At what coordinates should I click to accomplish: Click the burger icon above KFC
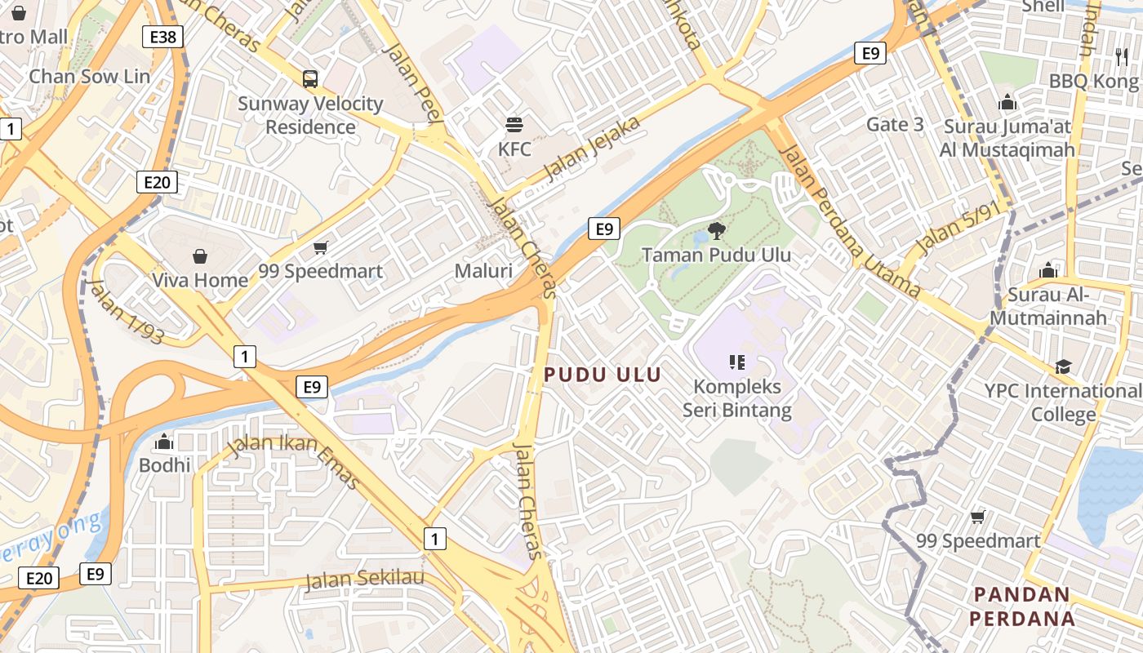pyautogui.click(x=514, y=125)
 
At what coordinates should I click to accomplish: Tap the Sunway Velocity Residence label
pyautogui.click(x=310, y=115)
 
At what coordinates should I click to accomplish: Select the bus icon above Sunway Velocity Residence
pyautogui.click(x=310, y=79)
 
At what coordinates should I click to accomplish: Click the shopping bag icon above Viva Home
pyautogui.click(x=200, y=256)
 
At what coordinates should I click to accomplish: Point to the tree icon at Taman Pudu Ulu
pyautogui.click(x=716, y=230)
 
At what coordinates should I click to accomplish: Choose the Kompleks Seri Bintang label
pyautogui.click(x=736, y=398)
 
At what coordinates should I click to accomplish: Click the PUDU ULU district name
pyautogui.click(x=603, y=375)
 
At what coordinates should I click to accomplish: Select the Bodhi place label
pyautogui.click(x=165, y=465)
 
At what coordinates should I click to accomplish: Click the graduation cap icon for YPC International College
pyautogui.click(x=1063, y=366)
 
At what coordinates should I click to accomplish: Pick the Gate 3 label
pyautogui.click(x=896, y=124)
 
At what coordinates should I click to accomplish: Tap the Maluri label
pyautogui.click(x=483, y=271)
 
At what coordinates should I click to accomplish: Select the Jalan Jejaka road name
pyautogui.click(x=592, y=149)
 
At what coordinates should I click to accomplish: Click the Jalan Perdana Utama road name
pyautogui.click(x=850, y=221)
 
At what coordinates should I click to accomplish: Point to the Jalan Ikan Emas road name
pyautogui.click(x=294, y=462)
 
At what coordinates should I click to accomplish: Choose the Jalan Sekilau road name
pyautogui.click(x=365, y=580)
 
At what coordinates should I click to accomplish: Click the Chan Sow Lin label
pyautogui.click(x=90, y=76)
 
